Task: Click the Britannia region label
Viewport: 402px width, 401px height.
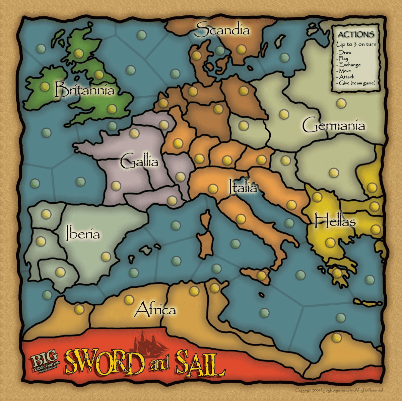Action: click(x=84, y=90)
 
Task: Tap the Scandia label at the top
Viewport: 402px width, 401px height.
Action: click(x=222, y=30)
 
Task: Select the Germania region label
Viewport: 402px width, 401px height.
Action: click(x=333, y=125)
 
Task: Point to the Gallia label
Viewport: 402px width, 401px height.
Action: click(x=139, y=162)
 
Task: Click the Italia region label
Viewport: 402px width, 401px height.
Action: click(x=243, y=187)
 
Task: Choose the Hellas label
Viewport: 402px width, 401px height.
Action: click(x=335, y=221)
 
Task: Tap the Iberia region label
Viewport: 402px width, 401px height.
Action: click(x=83, y=233)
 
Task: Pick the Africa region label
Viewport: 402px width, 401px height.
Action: click(x=155, y=309)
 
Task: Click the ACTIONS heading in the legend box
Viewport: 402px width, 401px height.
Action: click(x=356, y=34)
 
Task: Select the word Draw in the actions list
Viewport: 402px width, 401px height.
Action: click(x=345, y=53)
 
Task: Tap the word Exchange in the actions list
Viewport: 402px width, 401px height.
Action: click(x=350, y=65)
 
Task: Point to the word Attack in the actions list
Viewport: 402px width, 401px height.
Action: click(x=347, y=77)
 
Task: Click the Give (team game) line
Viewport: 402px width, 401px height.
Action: click(x=357, y=83)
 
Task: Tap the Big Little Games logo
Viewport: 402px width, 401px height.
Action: click(x=45, y=363)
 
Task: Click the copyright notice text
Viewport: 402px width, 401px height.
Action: click(x=339, y=390)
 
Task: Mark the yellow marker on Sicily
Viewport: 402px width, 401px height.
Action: click(x=261, y=276)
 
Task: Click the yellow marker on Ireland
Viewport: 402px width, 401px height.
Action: click(x=45, y=87)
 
